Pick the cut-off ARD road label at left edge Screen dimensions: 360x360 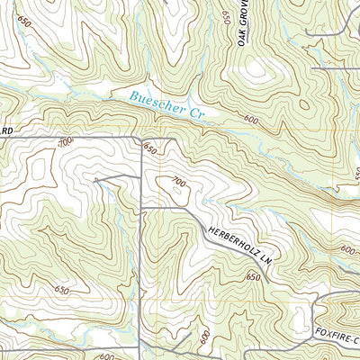tap(9, 131)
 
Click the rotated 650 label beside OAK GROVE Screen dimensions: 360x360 tap(225, 16)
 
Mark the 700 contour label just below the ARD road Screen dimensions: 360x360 tap(63, 143)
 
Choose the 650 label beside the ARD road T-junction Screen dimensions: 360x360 tap(150, 149)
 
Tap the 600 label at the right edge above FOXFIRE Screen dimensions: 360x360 tap(347, 249)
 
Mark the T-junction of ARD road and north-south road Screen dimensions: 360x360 tap(141, 137)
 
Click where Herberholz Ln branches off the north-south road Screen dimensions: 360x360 tap(142, 208)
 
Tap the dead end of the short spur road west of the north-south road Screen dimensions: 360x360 tap(96, 179)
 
